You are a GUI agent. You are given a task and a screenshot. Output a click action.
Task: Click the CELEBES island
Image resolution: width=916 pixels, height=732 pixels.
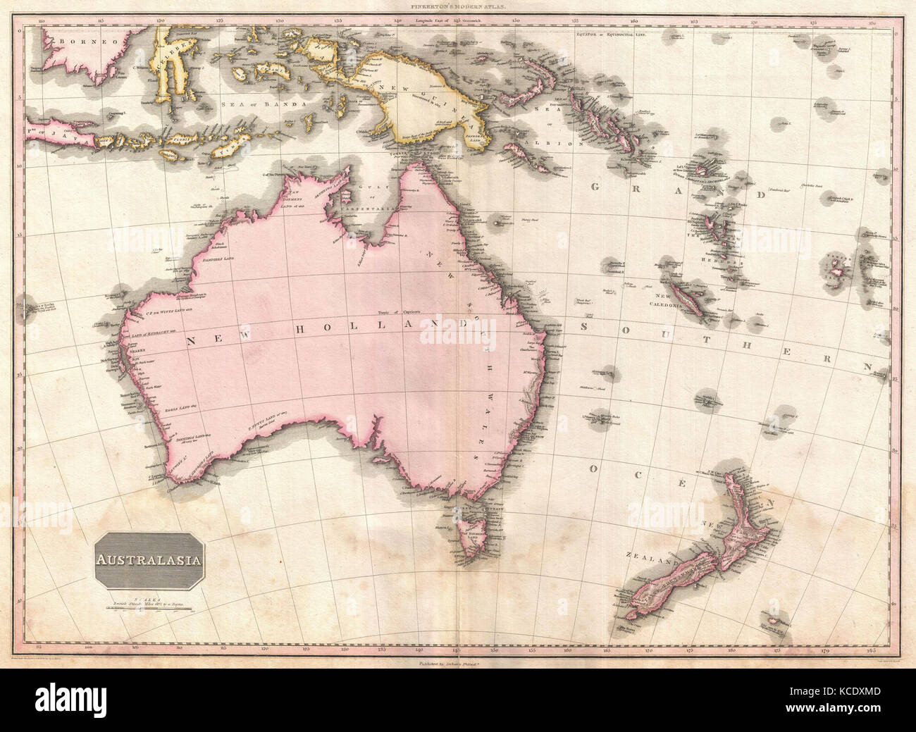pos(173,60)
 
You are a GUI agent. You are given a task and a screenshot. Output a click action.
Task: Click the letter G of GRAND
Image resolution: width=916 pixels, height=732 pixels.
pos(595,188)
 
